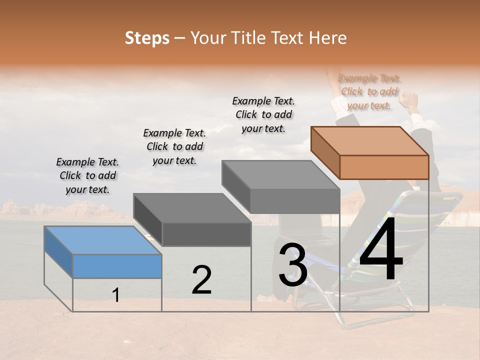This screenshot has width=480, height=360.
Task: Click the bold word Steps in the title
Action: (x=147, y=38)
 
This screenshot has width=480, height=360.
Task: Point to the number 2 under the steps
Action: (x=201, y=280)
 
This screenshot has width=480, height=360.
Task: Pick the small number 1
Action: (x=116, y=295)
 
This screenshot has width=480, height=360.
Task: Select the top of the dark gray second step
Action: (x=192, y=207)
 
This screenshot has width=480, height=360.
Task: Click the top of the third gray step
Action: (x=281, y=174)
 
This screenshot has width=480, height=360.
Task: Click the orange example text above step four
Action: (x=369, y=91)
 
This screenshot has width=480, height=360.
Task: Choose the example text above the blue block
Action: (x=87, y=175)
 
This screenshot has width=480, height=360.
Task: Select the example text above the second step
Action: (x=174, y=146)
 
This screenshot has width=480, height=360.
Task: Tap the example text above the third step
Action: (x=263, y=114)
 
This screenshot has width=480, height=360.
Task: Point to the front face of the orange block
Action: (x=384, y=167)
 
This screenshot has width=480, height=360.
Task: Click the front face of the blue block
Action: (x=117, y=266)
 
